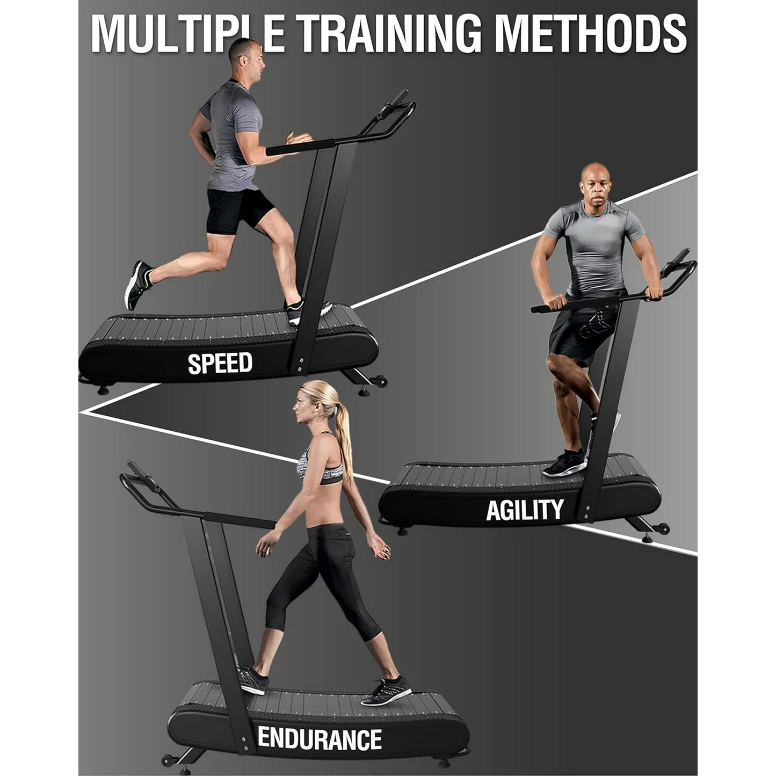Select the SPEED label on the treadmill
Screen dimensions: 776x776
[220, 363]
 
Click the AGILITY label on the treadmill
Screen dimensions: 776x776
[524, 510]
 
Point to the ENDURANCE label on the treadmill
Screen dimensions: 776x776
[320, 738]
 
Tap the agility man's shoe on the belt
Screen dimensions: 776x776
[564, 463]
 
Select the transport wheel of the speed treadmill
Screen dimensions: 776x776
[381, 382]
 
